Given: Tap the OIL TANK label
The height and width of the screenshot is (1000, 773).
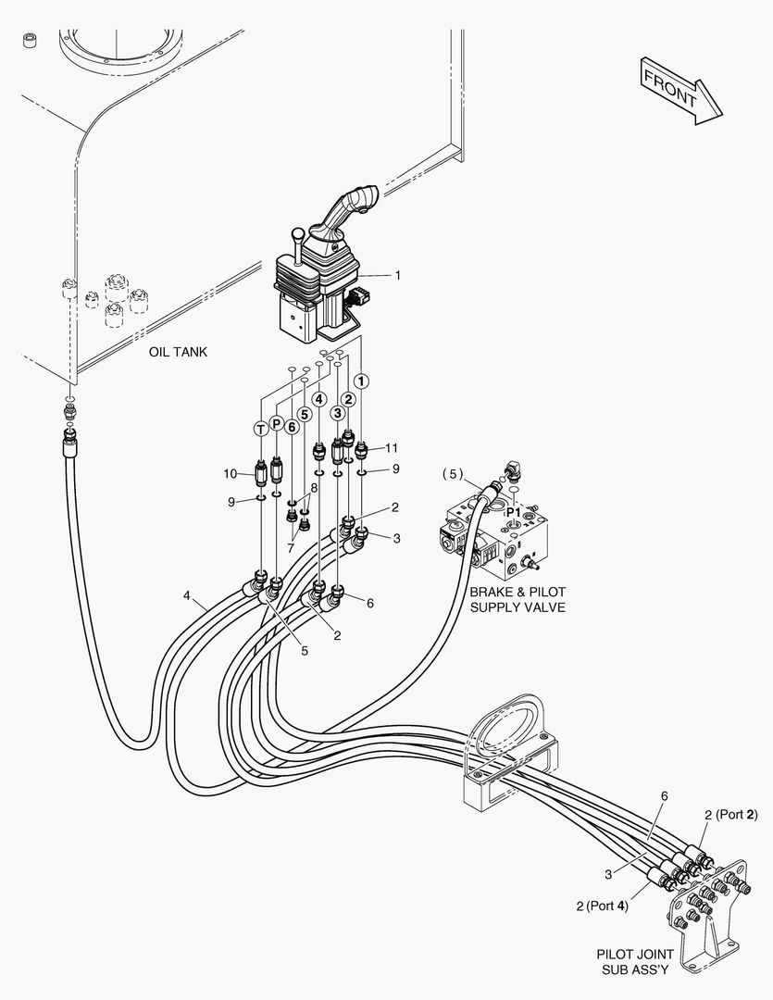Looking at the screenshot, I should (x=178, y=352).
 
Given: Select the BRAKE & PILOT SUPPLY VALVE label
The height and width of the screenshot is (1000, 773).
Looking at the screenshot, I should (x=517, y=599).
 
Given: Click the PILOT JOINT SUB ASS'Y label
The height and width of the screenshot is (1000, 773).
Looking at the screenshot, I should (x=634, y=961).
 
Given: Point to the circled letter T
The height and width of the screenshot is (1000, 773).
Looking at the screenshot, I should (x=261, y=427).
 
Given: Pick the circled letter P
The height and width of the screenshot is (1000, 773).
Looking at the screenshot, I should (x=276, y=424).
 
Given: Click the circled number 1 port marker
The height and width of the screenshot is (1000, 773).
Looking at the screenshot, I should (x=362, y=381).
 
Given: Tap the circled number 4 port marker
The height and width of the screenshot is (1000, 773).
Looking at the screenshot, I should (x=318, y=399).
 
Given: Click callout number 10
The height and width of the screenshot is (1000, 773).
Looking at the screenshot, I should (x=230, y=474).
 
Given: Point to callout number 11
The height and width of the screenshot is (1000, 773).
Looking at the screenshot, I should (x=392, y=448).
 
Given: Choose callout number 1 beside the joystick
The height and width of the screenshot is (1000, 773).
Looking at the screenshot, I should (x=397, y=275).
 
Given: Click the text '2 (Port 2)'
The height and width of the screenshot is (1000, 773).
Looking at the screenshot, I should (x=730, y=815).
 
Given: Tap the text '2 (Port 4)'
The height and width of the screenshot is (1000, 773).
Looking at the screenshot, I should (x=602, y=906).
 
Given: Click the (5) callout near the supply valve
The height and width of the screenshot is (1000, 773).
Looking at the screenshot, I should (x=451, y=474).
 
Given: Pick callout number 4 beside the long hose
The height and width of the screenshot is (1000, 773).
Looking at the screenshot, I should (x=187, y=596).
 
